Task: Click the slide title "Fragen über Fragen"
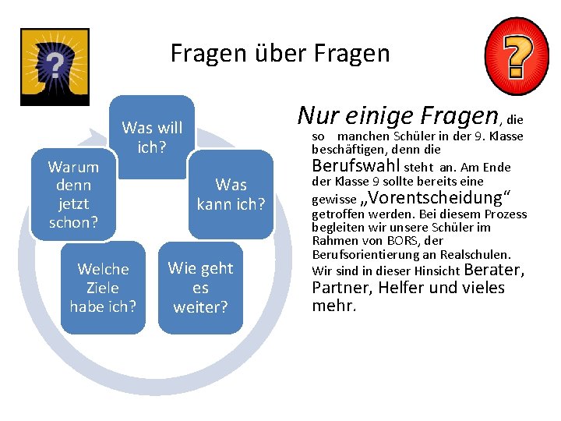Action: pos(280,53)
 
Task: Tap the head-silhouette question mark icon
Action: pos(55,65)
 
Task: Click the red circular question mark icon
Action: pos(516,55)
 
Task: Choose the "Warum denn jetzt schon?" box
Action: pos(73,194)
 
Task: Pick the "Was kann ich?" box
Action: pos(231,194)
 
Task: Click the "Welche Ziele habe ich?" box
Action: pos(103,288)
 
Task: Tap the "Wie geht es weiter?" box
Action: pos(200,288)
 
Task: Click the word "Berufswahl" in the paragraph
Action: pos(355,165)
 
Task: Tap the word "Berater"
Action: pos(493,271)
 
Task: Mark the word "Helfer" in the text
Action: pos(400,288)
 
